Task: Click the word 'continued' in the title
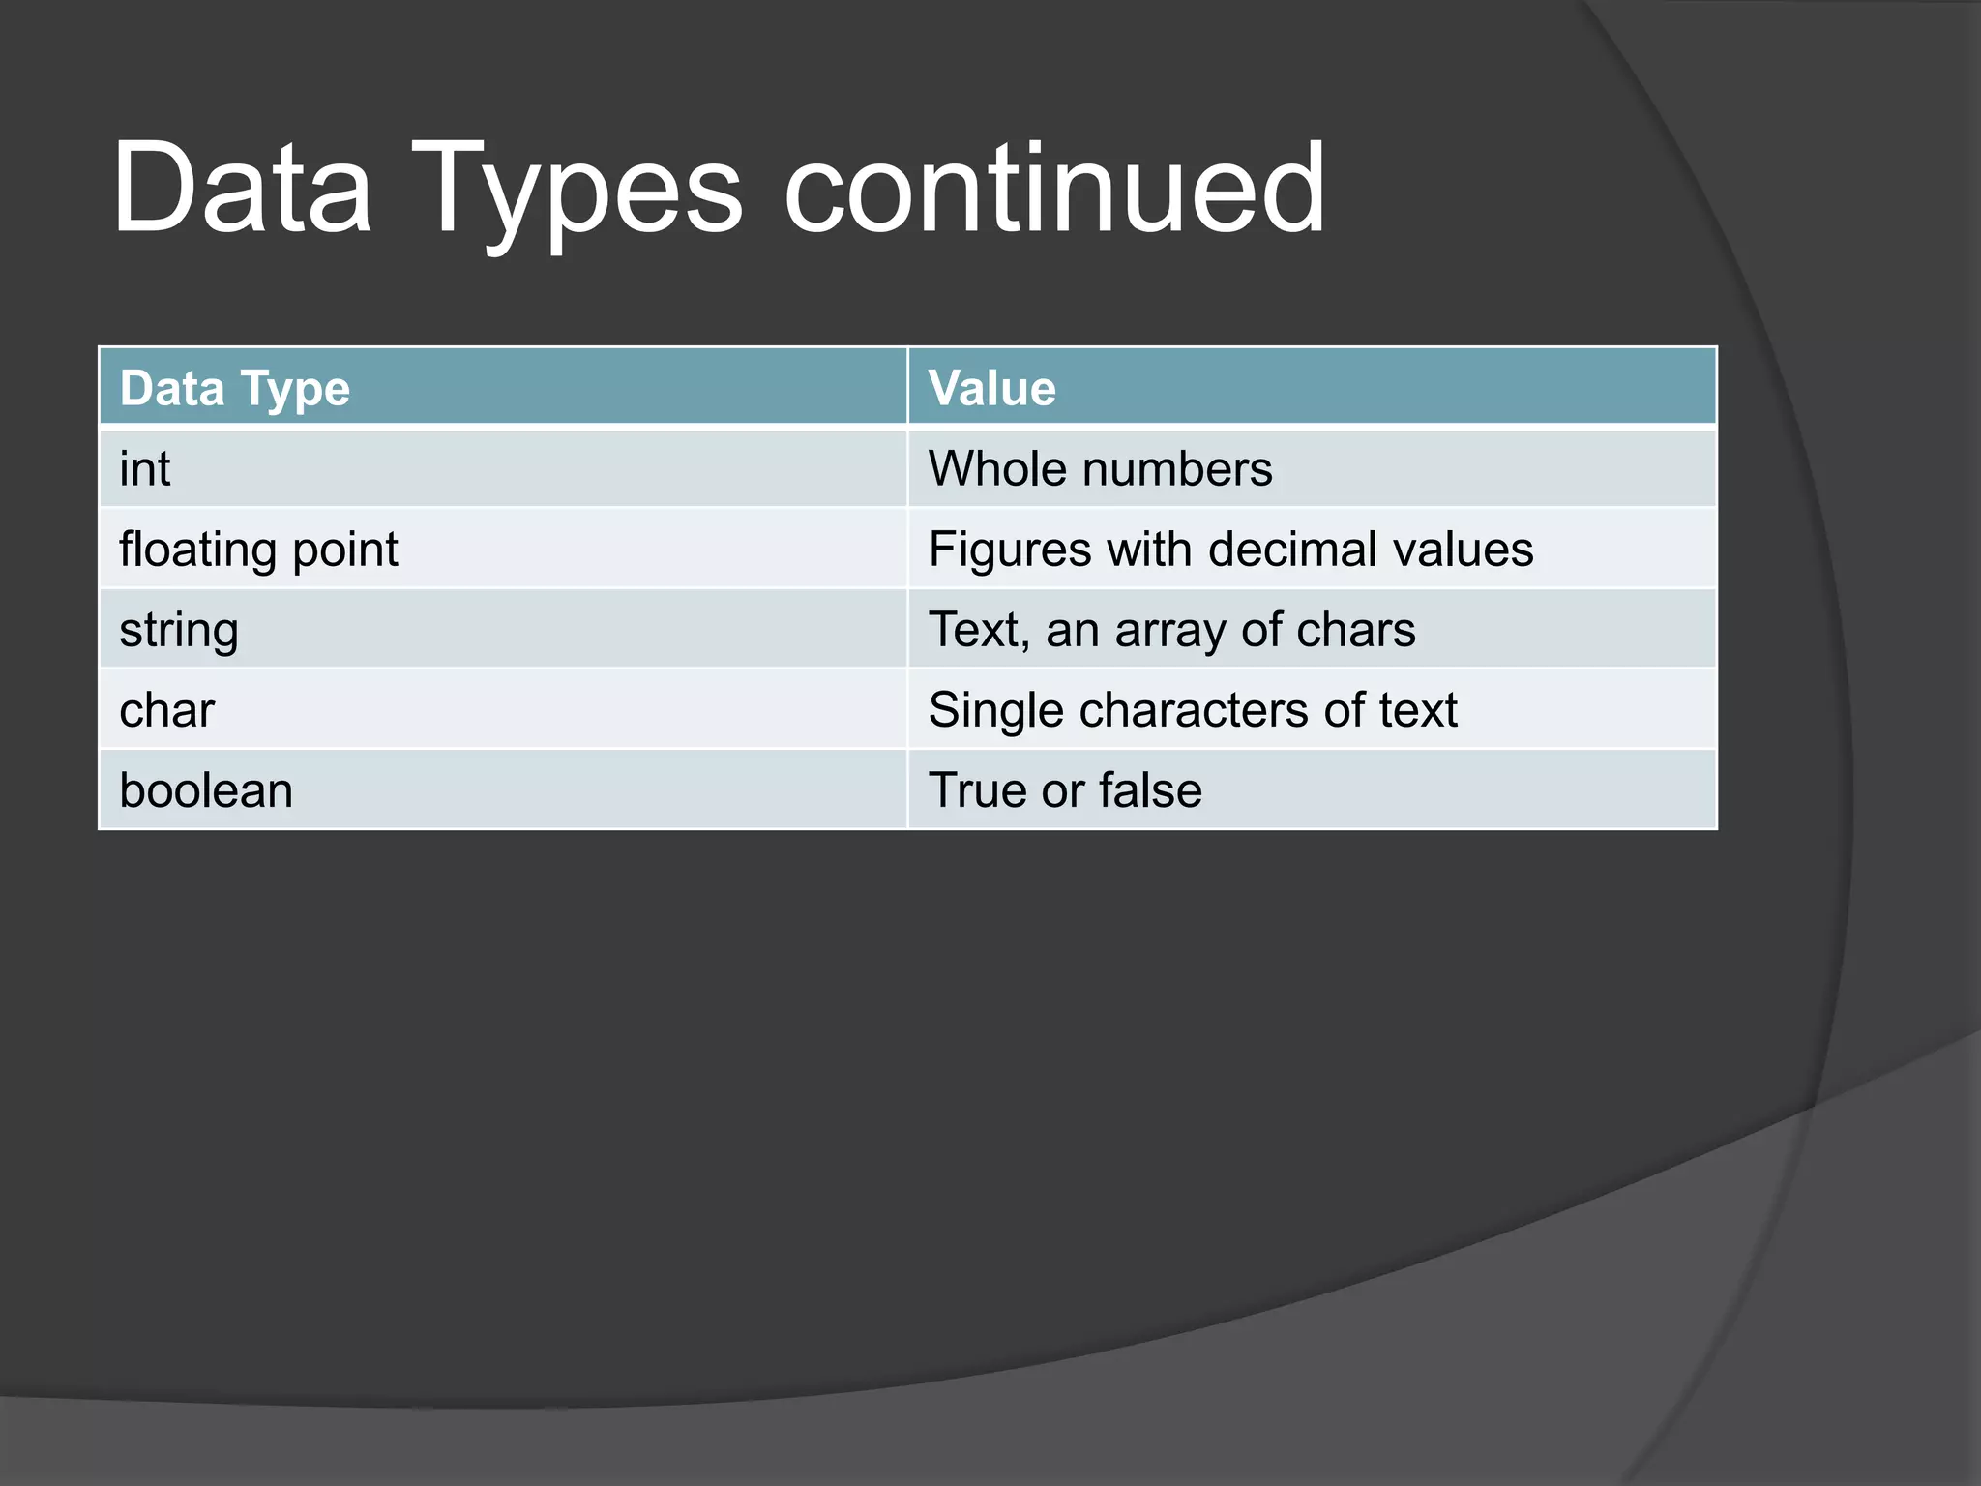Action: coord(1054,189)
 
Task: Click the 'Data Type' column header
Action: coord(235,389)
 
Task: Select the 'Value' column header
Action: coord(991,389)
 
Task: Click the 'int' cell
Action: coord(145,469)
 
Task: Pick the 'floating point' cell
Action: coord(258,550)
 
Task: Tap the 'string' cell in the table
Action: coord(179,631)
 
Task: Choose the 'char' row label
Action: coord(166,710)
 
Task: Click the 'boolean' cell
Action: coord(206,790)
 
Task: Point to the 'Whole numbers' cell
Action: coord(1100,469)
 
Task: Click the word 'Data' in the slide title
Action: coord(242,189)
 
